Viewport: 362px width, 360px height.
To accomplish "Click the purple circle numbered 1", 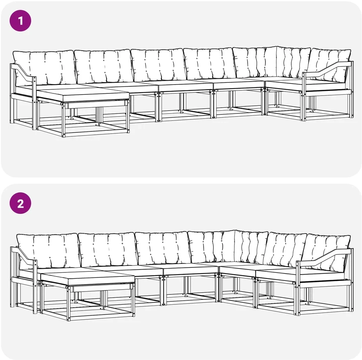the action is tap(20, 21).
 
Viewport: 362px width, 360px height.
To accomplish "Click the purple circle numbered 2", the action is tap(20, 203).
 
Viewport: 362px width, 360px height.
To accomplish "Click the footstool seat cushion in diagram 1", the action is tap(83, 95).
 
